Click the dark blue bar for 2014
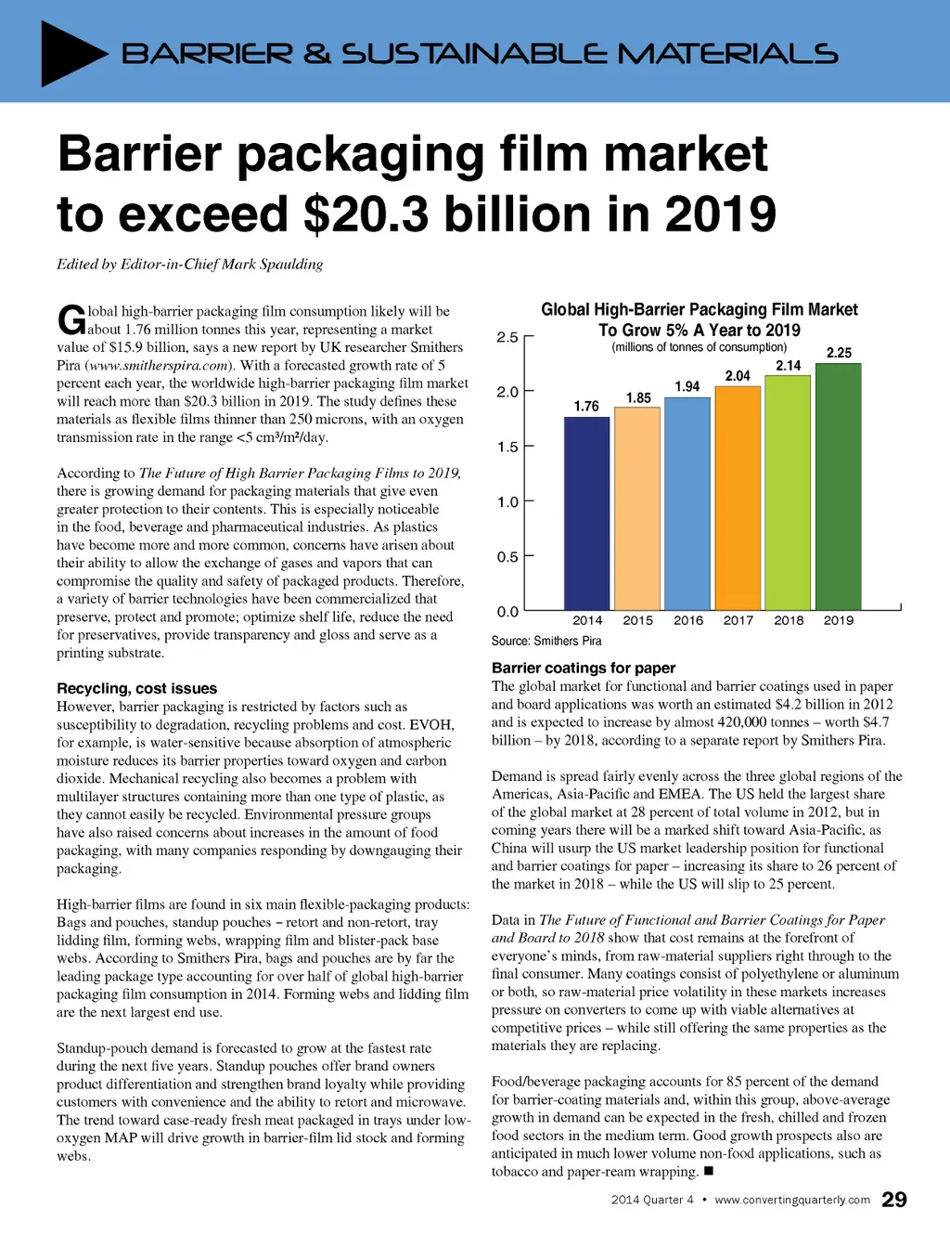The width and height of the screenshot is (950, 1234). tap(586, 513)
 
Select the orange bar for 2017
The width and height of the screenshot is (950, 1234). tap(738, 497)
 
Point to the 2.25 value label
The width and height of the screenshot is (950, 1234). tap(839, 353)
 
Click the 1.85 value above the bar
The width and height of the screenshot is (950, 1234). tap(638, 398)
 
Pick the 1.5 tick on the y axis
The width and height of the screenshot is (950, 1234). tap(507, 447)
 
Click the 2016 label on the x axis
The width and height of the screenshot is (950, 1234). tap(688, 620)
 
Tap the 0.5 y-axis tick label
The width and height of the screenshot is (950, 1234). tap(507, 557)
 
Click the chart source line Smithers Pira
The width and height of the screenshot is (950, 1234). tap(546, 641)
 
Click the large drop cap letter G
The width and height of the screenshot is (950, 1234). tap(71, 320)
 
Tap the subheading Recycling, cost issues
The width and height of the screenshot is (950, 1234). tap(136, 688)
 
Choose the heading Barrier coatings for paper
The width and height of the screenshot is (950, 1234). tap(584, 668)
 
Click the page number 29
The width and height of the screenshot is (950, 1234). tap(893, 1200)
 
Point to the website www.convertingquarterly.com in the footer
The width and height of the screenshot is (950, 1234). tap(792, 1200)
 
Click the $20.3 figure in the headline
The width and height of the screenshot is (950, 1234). tap(366, 214)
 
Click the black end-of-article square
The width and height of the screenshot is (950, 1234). tap(709, 1172)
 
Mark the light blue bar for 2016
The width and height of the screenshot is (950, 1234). tap(687, 502)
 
